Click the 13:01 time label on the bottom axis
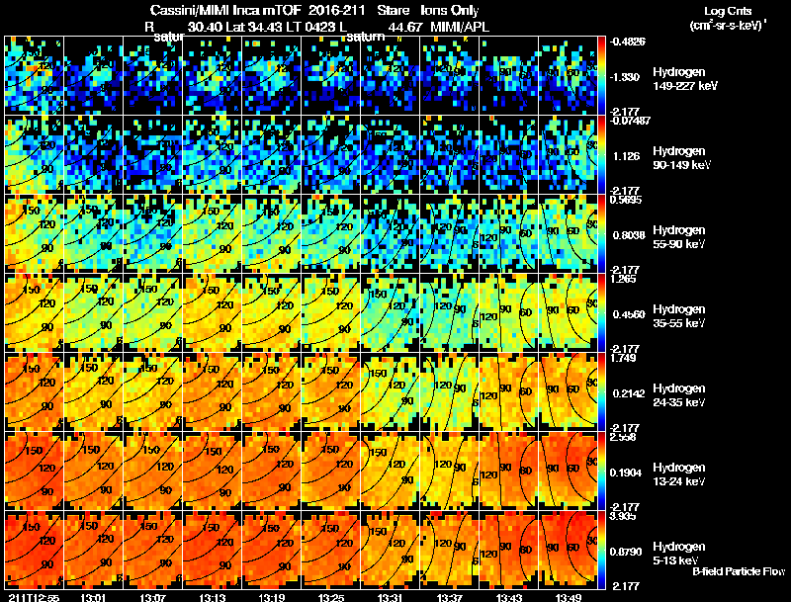94,597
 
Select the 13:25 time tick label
331,597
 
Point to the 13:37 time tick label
450,597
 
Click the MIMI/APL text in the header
460,26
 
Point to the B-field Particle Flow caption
739,571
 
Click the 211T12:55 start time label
32,597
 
